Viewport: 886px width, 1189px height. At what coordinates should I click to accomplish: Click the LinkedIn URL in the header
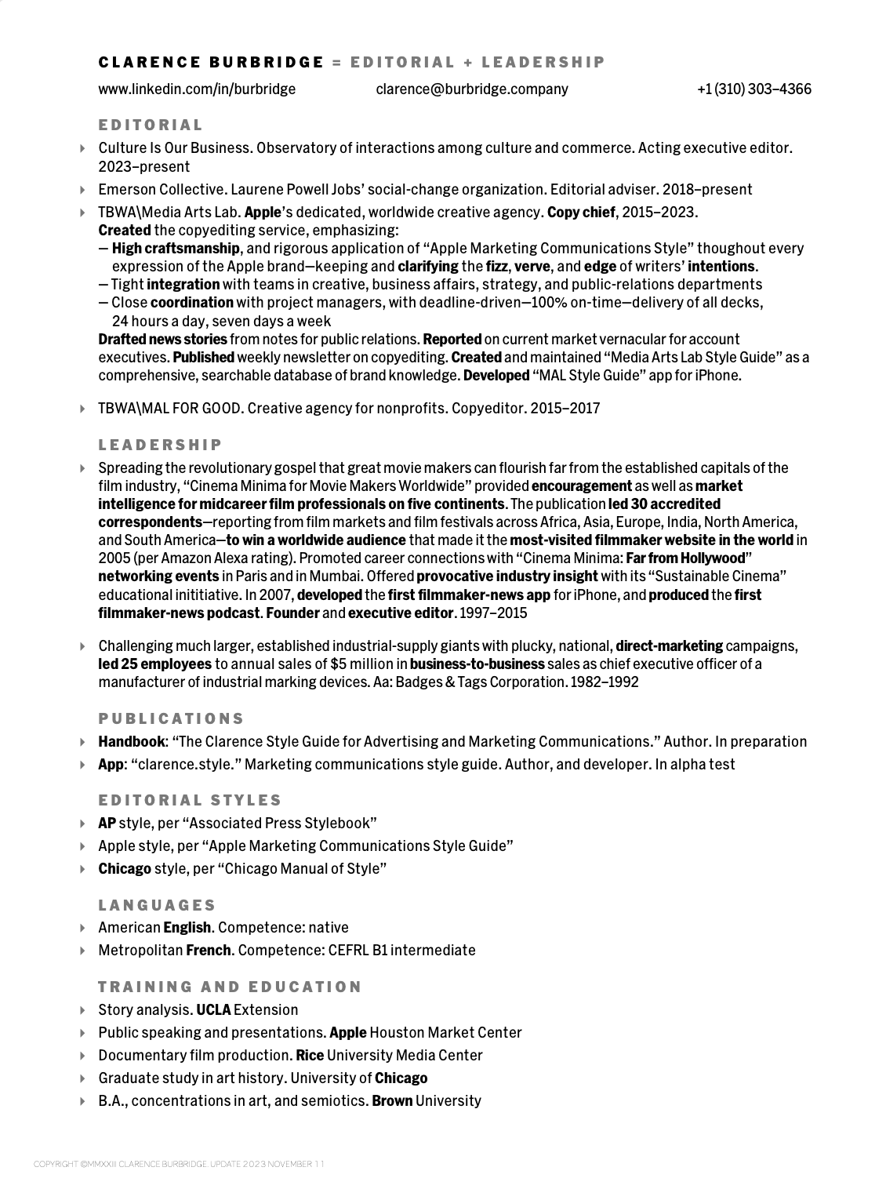pos(197,89)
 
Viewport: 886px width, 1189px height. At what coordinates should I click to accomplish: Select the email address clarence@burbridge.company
pos(472,89)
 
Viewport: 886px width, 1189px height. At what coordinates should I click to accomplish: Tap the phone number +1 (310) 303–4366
pos(754,89)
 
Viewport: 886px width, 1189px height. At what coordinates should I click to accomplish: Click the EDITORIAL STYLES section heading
pos(190,800)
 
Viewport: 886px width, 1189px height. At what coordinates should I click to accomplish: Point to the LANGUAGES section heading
pos(157,905)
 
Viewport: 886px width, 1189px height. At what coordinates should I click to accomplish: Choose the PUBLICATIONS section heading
pos(171,718)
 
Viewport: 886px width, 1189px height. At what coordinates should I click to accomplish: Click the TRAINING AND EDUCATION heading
pos(230,987)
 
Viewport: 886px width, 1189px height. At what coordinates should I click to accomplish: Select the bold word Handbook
pos(132,741)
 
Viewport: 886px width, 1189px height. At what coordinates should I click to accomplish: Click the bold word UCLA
pos(213,1009)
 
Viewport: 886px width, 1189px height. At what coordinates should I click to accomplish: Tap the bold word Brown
pos(392,1100)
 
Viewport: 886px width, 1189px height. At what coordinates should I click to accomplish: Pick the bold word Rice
pos(310,1055)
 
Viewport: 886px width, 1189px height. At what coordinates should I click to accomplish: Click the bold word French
pos(209,950)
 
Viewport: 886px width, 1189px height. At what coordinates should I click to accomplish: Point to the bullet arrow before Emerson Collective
pos(83,189)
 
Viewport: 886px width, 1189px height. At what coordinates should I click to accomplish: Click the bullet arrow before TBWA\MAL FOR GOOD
pos(83,408)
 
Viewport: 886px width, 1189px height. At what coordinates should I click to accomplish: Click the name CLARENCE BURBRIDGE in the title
pos(211,62)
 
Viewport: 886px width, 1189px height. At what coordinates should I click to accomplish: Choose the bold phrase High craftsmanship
pos(176,248)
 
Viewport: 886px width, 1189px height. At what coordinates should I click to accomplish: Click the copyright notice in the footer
pos(179,1164)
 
